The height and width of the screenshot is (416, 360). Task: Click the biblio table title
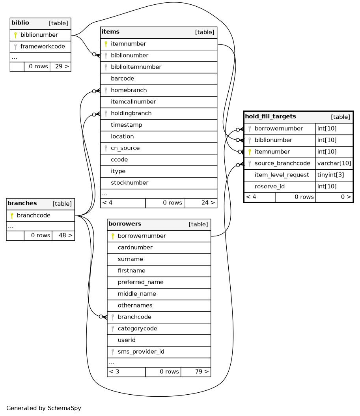tap(20, 23)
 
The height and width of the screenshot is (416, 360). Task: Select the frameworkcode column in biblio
tap(43, 47)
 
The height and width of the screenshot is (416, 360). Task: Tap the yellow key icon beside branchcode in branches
tap(12, 215)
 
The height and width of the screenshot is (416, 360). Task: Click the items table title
tap(110, 32)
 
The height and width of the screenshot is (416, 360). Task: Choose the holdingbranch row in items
tap(131, 113)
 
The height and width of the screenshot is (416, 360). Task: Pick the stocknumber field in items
tap(129, 183)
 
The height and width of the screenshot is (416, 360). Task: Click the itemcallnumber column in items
tap(133, 102)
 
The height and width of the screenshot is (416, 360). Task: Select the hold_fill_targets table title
tap(270, 116)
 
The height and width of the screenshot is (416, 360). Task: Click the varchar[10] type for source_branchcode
tap(334, 163)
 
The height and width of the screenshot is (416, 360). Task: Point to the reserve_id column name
tap(270, 187)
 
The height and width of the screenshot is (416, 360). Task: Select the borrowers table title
tap(125, 224)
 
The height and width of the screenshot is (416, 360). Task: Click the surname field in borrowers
tap(130, 259)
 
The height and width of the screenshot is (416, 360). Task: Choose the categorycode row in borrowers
tap(137, 328)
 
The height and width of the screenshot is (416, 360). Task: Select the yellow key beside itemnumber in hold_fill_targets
tap(250, 152)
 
